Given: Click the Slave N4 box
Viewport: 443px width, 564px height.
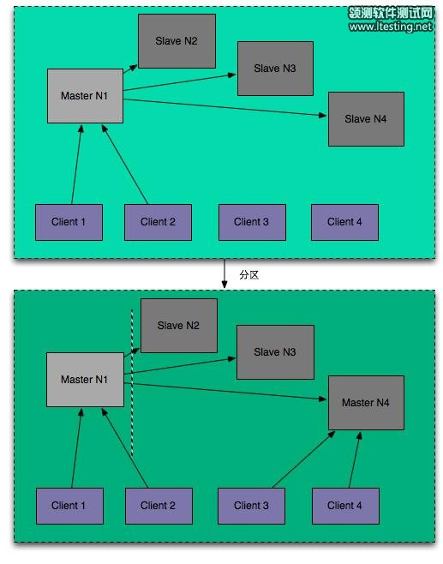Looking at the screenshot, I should tap(366, 118).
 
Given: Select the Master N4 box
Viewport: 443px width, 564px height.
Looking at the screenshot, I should tap(366, 402).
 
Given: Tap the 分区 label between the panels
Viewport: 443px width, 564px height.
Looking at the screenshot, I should tap(248, 274).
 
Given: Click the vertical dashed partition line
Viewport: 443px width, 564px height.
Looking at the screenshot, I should tap(132, 386).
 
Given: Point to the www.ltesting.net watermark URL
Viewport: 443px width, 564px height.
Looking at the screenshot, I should tap(391, 27).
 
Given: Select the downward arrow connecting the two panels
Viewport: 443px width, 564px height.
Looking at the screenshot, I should tap(224, 273).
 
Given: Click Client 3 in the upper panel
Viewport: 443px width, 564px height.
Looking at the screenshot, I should tap(251, 222).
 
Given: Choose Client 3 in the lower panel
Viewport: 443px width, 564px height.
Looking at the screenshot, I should tap(251, 506).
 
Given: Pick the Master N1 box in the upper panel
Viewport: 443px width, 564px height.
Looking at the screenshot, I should tap(85, 96).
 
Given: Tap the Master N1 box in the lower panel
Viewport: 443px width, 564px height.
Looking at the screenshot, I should tap(84, 380).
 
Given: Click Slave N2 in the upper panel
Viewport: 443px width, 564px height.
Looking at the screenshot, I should tap(177, 41).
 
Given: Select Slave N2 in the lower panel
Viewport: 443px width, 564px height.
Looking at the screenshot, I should tap(178, 326).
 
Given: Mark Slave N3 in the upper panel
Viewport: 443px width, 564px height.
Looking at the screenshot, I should tap(275, 69).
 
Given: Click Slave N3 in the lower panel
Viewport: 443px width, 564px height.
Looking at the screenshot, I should tap(275, 352).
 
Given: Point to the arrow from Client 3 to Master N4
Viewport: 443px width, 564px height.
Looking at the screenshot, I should tap(302, 459).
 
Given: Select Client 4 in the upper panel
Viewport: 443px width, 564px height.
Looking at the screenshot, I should tap(344, 222).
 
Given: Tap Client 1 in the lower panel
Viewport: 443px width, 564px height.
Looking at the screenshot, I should tap(69, 506).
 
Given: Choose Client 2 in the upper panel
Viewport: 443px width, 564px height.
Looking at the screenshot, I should tap(158, 222).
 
